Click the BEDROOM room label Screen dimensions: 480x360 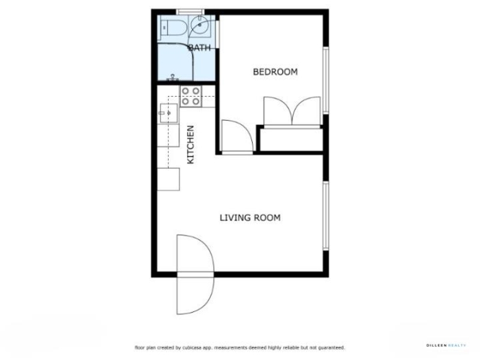pyautogui.click(x=275, y=72)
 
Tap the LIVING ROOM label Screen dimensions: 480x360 pyautogui.click(x=250, y=218)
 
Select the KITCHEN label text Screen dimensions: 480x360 pyautogui.click(x=190, y=145)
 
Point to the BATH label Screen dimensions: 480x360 pyautogui.click(x=200, y=48)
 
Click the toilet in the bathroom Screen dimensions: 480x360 pyautogui.click(x=173, y=28)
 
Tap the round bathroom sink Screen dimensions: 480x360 pyautogui.click(x=199, y=25)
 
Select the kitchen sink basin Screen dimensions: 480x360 pyautogui.click(x=169, y=113)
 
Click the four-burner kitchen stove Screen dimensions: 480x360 pyautogui.click(x=191, y=96)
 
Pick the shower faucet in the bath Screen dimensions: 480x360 pyautogui.click(x=173, y=77)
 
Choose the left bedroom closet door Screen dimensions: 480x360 pyautogui.click(x=278, y=111)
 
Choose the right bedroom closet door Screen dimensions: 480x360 pyautogui.click(x=307, y=111)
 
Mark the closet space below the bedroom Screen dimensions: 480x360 pyautogui.click(x=291, y=140)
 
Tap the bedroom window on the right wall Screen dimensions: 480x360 pyautogui.click(x=326, y=80)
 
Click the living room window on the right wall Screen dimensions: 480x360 pyautogui.click(x=326, y=215)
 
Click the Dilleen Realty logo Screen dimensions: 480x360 pyautogui.click(x=446, y=346)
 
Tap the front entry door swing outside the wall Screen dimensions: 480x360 pyautogui.click(x=195, y=296)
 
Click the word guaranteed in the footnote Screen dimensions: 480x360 pyautogui.click(x=332, y=347)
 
